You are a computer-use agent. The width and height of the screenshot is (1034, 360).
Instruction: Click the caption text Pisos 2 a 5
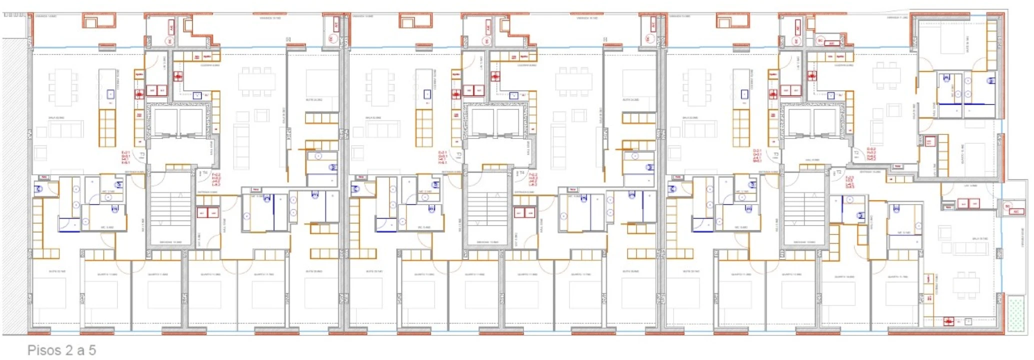point(61,350)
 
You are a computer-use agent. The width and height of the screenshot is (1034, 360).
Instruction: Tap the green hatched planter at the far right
point(1016,313)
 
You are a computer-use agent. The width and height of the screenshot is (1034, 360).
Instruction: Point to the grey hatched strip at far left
point(14,185)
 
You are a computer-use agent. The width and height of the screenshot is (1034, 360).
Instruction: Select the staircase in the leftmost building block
point(170,207)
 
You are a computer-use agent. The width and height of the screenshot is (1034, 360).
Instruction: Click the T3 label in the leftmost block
point(142,155)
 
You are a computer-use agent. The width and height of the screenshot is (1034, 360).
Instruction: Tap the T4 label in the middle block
point(521,173)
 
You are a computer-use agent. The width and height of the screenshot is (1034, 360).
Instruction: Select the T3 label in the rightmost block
point(775,155)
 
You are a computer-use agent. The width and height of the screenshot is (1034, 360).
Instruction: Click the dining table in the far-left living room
point(63,87)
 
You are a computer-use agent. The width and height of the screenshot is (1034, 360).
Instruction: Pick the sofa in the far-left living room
point(65,129)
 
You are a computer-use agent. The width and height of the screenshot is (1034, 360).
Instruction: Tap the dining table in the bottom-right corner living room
point(965,285)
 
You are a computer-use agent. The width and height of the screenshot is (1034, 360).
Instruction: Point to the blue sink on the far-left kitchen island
point(110,94)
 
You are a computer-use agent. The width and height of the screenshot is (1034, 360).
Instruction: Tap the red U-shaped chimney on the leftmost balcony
point(99,21)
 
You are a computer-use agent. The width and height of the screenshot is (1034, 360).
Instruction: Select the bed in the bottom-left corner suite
point(49,292)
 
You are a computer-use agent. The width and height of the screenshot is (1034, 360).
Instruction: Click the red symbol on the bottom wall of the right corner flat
point(948,321)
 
